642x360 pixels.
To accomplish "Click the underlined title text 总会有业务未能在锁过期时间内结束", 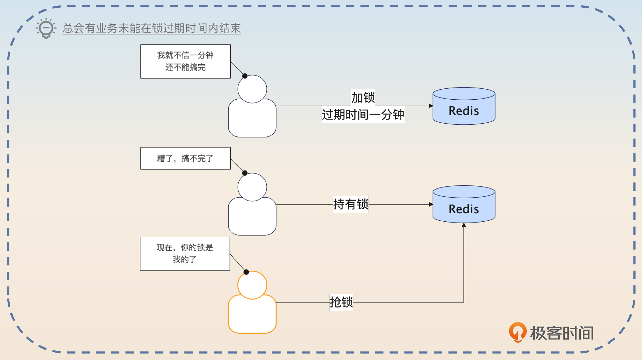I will tap(151, 28).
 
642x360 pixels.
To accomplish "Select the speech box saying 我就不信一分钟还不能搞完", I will tap(185, 62).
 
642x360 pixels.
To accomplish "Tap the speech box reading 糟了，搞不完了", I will tap(185, 158).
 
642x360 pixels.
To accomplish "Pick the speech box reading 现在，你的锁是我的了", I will tap(185, 254).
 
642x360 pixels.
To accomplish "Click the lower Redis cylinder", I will tap(464, 205).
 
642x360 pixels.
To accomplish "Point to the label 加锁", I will tap(363, 98).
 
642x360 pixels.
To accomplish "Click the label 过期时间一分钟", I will tap(363, 115).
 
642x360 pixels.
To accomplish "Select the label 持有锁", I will tap(350, 204).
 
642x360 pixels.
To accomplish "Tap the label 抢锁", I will tap(341, 302).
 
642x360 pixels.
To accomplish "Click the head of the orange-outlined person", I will tap(252, 285).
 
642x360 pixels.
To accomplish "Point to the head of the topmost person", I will tap(252, 89).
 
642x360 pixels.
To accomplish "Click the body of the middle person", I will tap(252, 217).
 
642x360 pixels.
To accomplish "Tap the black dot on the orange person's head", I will tap(246, 272).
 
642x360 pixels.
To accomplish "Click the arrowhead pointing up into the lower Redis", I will tap(464, 225).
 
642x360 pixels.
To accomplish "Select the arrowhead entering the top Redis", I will tap(431, 106).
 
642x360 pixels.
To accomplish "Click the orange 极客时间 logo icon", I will tap(517, 332).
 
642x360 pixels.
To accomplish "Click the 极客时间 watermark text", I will tap(562, 333).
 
